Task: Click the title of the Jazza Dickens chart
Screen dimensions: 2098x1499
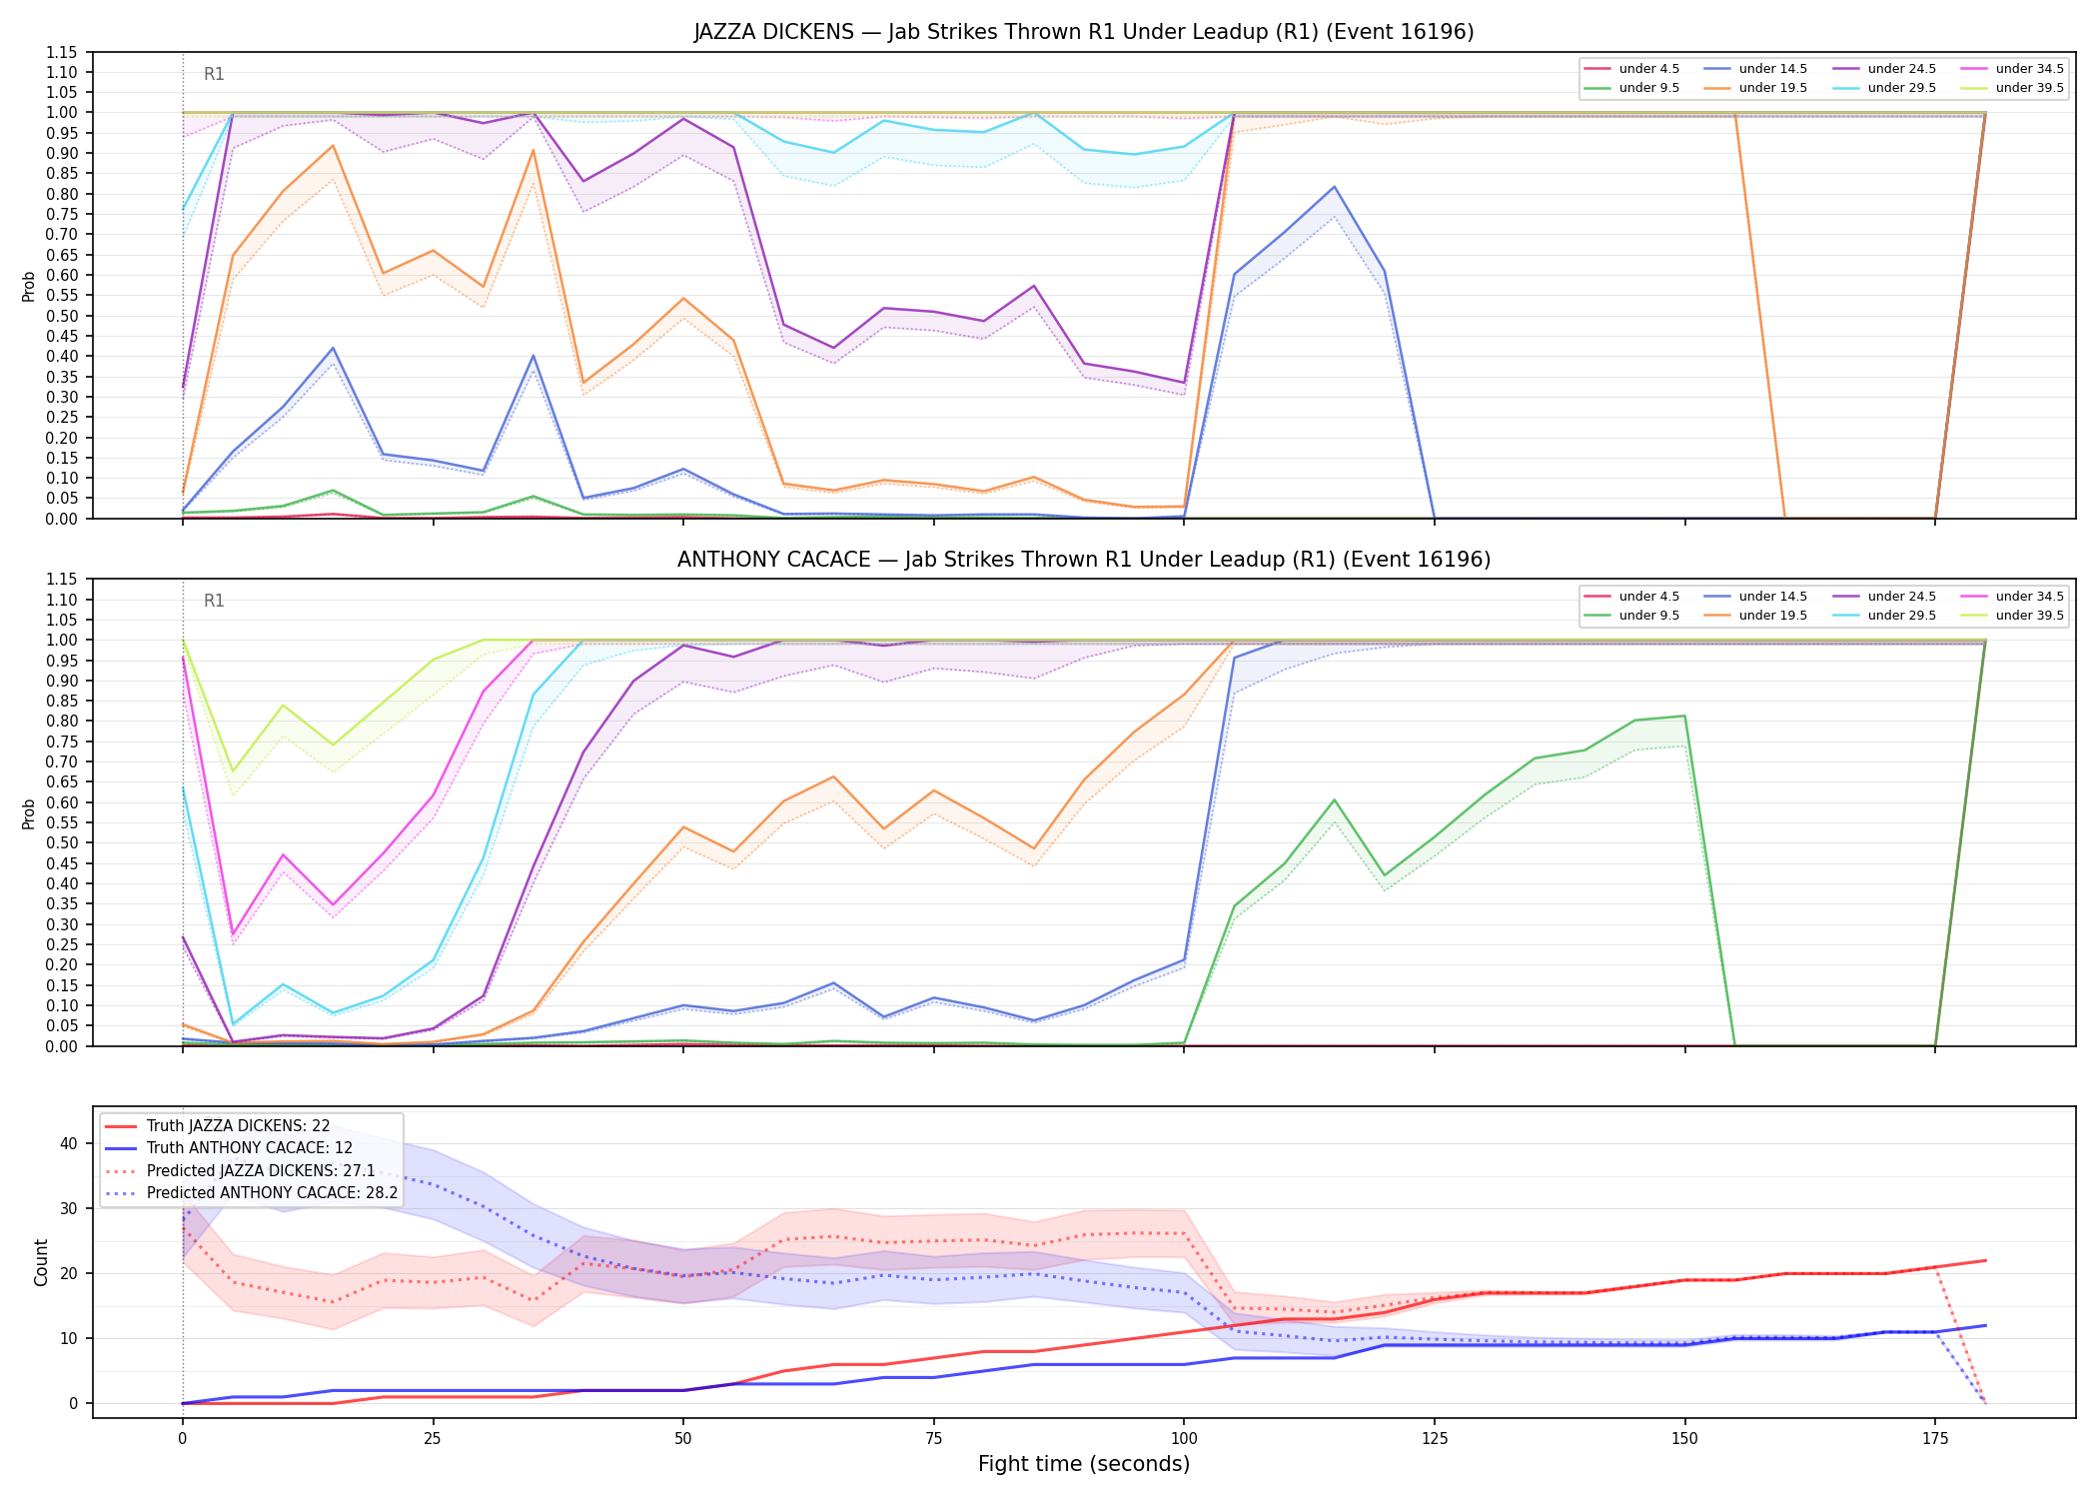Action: coord(1084,32)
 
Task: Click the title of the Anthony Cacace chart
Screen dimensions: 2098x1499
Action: coord(1084,560)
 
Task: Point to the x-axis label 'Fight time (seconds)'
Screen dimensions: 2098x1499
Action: coord(1084,1464)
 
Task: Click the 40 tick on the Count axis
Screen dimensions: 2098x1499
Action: coord(69,1143)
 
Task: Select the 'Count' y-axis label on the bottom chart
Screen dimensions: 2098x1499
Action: coord(41,1262)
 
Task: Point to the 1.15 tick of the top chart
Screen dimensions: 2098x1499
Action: coord(63,52)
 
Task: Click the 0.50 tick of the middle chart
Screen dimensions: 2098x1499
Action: coord(63,842)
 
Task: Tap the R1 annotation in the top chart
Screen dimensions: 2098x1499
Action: coord(214,74)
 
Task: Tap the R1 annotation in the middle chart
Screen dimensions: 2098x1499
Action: coord(214,601)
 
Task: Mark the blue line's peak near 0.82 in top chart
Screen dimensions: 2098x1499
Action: coord(1334,187)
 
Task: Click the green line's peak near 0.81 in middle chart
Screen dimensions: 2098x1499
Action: coord(1684,716)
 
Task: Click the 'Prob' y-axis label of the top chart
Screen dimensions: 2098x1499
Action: coord(29,286)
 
